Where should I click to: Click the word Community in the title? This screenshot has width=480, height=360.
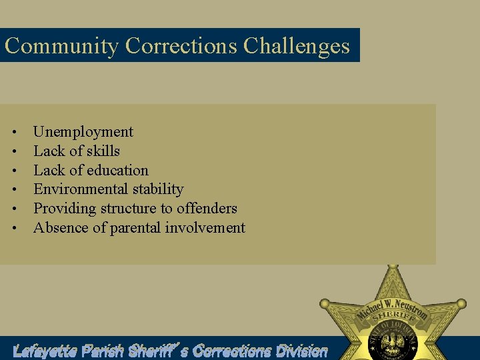click(61, 46)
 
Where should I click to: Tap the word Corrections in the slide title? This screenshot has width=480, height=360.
click(181, 46)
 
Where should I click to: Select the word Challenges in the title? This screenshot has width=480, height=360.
click(296, 46)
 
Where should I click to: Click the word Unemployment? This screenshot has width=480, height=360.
click(83, 132)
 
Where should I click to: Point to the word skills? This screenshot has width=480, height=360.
click(103, 151)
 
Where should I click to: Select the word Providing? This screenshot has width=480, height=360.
click(65, 209)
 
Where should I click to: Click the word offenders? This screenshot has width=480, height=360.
click(207, 209)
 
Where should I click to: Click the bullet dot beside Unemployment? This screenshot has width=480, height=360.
click(13, 133)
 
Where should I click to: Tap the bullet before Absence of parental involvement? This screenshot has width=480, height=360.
click(13, 229)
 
